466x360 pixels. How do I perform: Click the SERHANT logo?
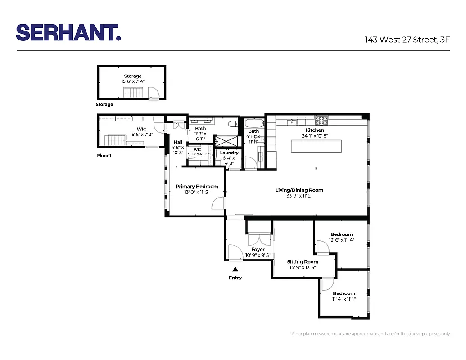pyautogui.click(x=68, y=32)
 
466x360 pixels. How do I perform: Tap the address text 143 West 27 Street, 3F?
pyautogui.click(x=407, y=40)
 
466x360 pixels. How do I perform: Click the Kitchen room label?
pyautogui.click(x=315, y=130)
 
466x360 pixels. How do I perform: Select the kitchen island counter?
pyautogui.click(x=316, y=147)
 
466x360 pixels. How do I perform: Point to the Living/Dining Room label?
pyautogui.click(x=299, y=190)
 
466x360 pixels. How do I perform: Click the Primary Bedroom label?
pyautogui.click(x=197, y=186)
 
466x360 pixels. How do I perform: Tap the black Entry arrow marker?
pyautogui.click(x=235, y=269)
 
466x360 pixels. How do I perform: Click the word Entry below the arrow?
pyautogui.click(x=235, y=278)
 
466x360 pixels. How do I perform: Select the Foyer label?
pyautogui.click(x=258, y=249)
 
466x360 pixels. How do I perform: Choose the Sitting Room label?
pyautogui.click(x=303, y=261)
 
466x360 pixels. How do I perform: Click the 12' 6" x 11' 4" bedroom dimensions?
pyautogui.click(x=341, y=240)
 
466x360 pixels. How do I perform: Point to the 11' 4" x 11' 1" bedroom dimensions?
pyautogui.click(x=344, y=299)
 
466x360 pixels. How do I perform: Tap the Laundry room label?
pyautogui.click(x=229, y=153)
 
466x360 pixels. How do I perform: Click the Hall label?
pyautogui.click(x=178, y=142)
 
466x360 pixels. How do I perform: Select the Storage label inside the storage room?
pyautogui.click(x=132, y=76)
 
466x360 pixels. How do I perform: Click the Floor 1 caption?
pyautogui.click(x=104, y=156)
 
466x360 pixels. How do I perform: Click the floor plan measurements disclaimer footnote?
pyautogui.click(x=369, y=334)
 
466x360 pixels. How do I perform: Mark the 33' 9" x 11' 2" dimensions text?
pyautogui.click(x=299, y=196)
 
